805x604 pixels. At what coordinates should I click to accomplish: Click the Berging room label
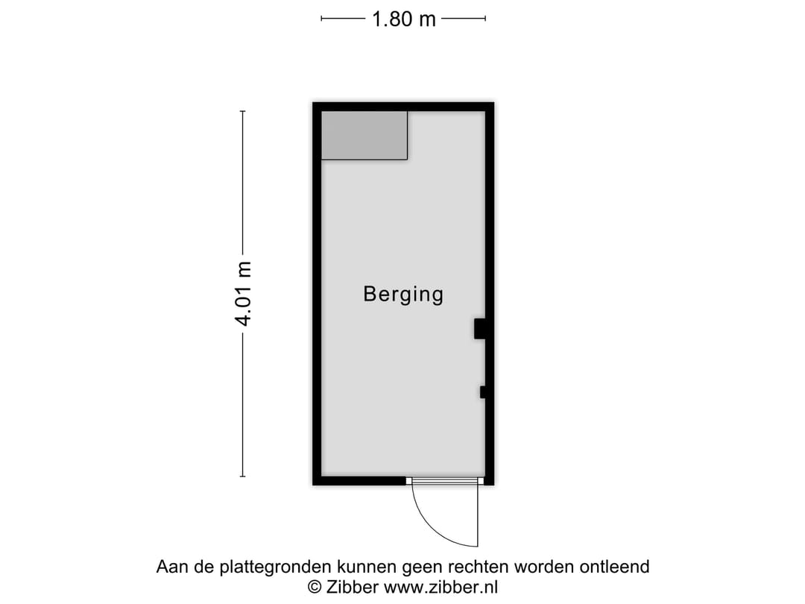point(403,294)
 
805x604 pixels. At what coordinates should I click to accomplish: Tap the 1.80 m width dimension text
point(403,19)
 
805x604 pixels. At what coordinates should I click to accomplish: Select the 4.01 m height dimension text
point(243,294)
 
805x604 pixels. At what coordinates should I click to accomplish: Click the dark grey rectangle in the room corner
point(364,135)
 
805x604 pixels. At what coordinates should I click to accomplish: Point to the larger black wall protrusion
point(480,329)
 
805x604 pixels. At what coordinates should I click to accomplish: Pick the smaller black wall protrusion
point(483,392)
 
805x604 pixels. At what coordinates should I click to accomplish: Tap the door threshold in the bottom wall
point(444,481)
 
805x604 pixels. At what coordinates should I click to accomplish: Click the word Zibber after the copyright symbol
point(353,587)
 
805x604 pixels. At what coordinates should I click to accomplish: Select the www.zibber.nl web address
point(441,587)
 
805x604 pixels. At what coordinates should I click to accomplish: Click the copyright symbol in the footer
point(315,587)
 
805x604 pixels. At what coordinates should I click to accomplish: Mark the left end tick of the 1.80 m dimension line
point(321,19)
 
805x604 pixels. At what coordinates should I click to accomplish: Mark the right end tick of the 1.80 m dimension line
point(486,19)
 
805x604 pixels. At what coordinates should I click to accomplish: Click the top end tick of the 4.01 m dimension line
point(243,112)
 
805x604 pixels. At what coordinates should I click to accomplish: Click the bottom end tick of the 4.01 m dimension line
point(243,476)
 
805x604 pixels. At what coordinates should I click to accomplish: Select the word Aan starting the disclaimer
point(170,567)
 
